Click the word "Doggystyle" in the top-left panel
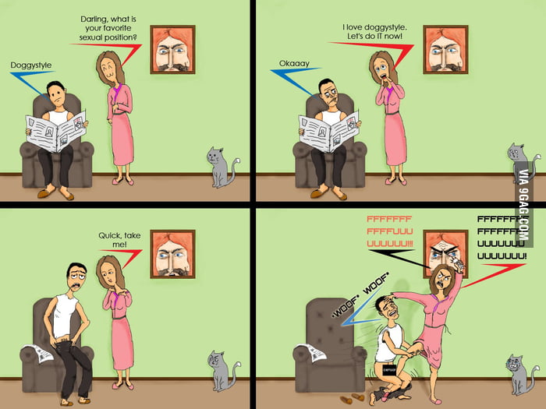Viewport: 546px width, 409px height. pos(31,65)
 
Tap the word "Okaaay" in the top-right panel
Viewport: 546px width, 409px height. pos(294,64)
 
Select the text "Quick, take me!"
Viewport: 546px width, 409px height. pos(119,240)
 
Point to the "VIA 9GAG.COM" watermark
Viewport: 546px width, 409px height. pos(523,204)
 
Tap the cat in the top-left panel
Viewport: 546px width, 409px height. pos(222,167)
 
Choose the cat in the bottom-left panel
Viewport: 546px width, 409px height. pos(223,371)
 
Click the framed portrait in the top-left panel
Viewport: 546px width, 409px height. pos(172,49)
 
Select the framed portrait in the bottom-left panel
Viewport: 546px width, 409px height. pos(172,254)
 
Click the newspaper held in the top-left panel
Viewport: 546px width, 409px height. pos(55,131)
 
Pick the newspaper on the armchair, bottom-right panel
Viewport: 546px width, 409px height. pos(310,353)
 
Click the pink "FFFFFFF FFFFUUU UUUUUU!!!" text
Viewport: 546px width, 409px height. pos(390,231)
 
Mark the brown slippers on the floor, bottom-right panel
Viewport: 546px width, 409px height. pos(353,398)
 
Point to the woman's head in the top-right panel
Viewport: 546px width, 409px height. pos(382,68)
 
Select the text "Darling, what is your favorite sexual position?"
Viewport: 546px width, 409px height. pos(108,28)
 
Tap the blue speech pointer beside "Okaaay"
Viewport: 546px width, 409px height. pos(296,81)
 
